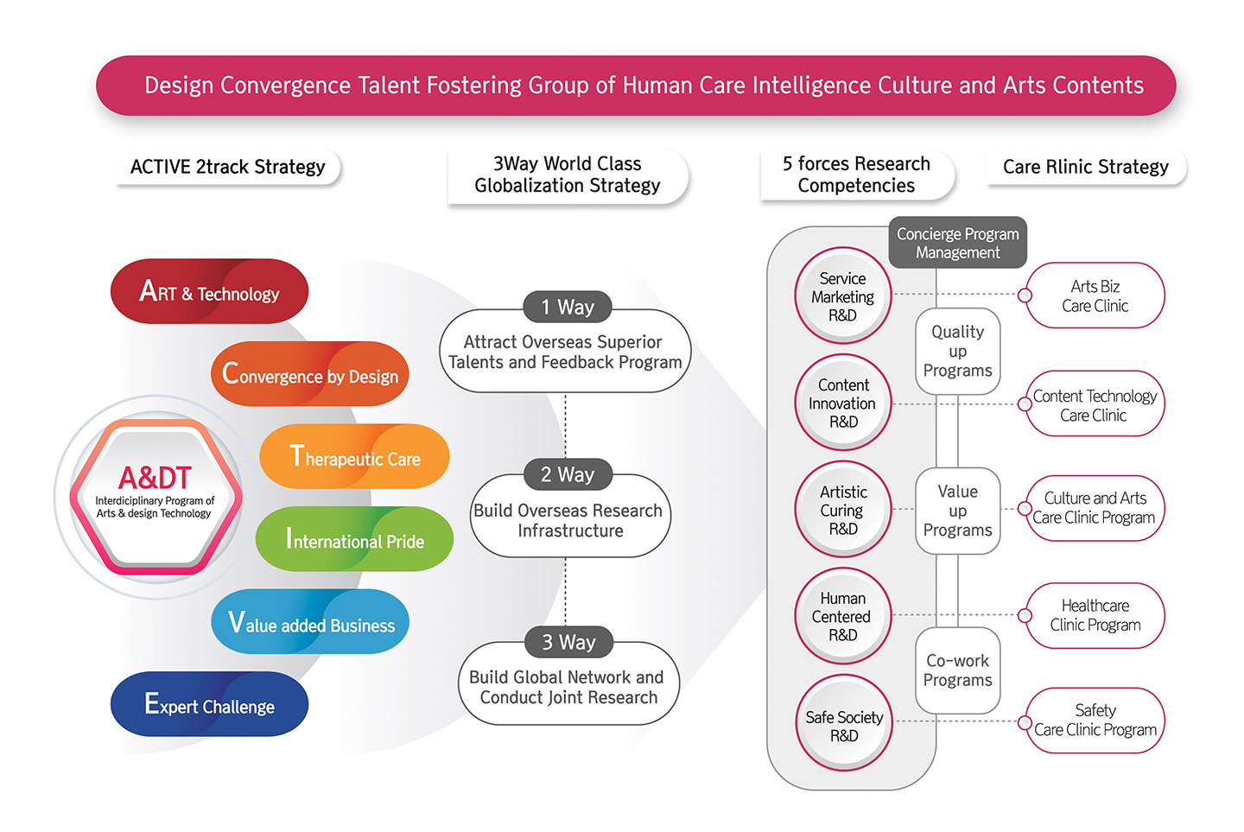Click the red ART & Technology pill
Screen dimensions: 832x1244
pos(209,292)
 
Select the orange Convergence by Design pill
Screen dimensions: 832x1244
pos(309,374)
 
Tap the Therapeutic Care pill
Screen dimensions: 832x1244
pos(354,457)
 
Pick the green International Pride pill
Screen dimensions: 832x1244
pos(354,540)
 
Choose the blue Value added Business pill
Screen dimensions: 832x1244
pos(310,623)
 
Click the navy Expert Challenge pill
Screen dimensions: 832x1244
pos(209,705)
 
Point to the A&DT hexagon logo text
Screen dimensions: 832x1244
pos(155,478)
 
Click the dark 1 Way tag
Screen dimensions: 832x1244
pos(568,307)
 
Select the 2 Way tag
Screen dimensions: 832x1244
pos(568,474)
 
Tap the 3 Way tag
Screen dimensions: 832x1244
pos(568,642)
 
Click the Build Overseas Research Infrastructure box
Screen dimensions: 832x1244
pos(570,520)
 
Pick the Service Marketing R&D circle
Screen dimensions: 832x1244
pos(842,296)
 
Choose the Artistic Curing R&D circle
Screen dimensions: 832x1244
pos(842,510)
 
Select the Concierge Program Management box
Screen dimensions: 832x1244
pos(957,243)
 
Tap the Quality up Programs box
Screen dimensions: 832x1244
pos(957,351)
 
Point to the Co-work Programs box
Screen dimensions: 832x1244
pos(957,670)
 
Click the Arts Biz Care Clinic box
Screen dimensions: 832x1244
pos(1095,295)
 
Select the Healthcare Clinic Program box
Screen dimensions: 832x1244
pos(1095,615)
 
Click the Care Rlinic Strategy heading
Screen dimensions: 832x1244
pos(1085,167)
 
